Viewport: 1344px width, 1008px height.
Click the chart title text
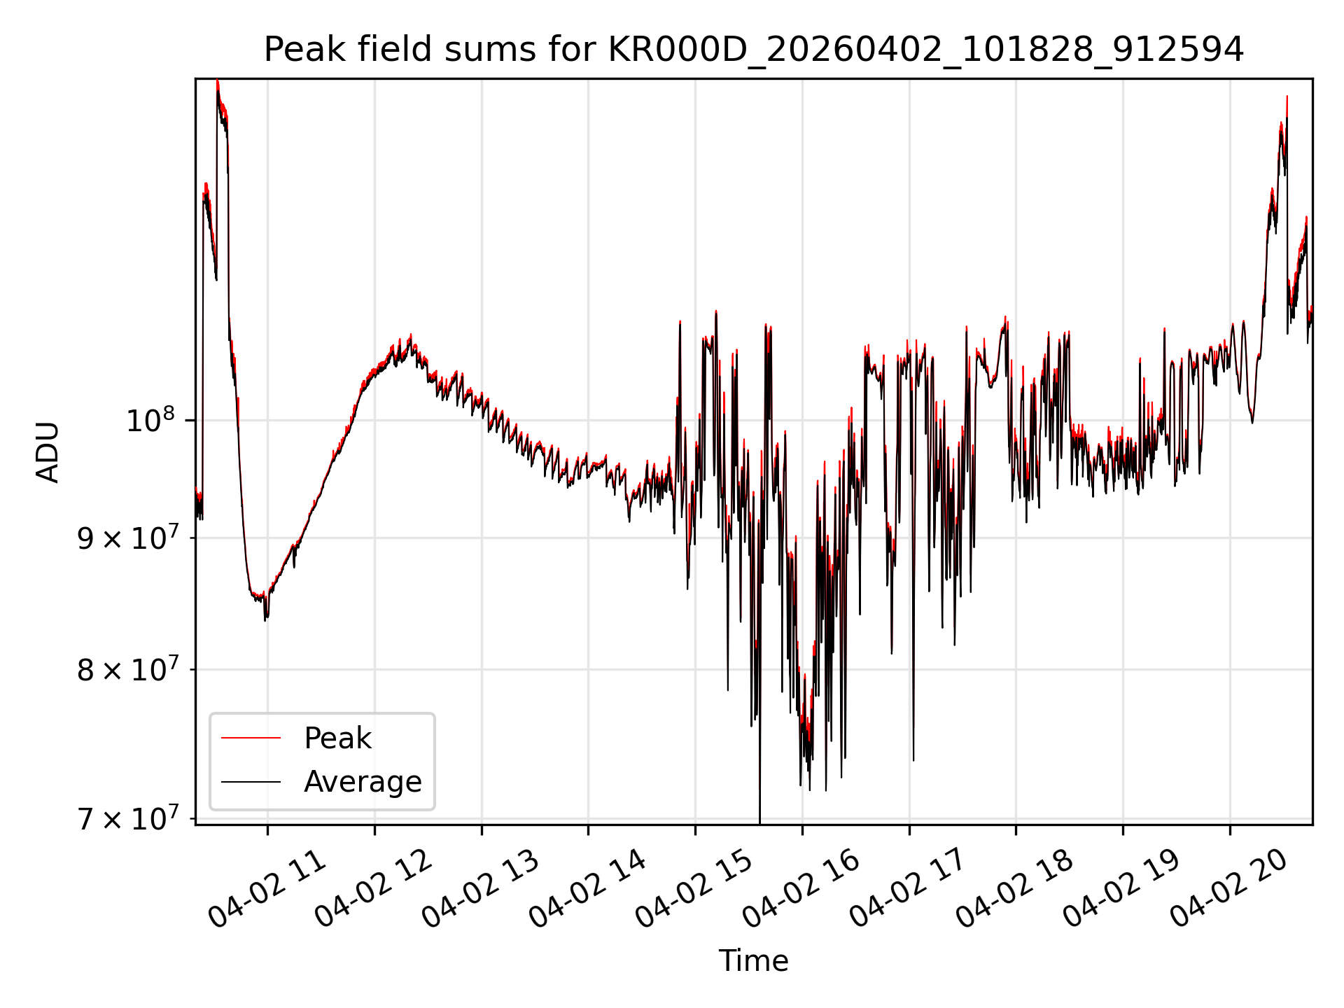click(x=754, y=50)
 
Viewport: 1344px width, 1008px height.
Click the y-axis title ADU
click(x=48, y=452)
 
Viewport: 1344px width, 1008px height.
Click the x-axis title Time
click(x=753, y=961)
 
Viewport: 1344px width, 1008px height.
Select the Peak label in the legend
click(x=337, y=738)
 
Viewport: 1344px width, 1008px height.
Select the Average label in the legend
click(x=363, y=781)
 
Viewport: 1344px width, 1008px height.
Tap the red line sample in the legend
click(x=251, y=738)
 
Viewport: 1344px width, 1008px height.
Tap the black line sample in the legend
click(x=251, y=781)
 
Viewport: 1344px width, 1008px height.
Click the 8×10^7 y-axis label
click(x=127, y=669)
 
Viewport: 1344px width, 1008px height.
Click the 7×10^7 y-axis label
click(x=127, y=818)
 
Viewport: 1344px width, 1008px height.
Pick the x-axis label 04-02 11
click(x=267, y=889)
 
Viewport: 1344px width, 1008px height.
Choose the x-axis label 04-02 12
click(x=374, y=889)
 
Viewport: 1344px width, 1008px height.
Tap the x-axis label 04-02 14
click(x=588, y=889)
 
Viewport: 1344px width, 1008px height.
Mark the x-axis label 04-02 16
click(x=802, y=889)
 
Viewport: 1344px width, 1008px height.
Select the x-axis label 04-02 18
click(x=1016, y=889)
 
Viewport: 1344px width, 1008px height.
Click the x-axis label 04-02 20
click(x=1230, y=889)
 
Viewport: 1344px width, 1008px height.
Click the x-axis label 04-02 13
click(x=482, y=889)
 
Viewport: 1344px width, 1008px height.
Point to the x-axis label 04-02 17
click(x=909, y=889)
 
